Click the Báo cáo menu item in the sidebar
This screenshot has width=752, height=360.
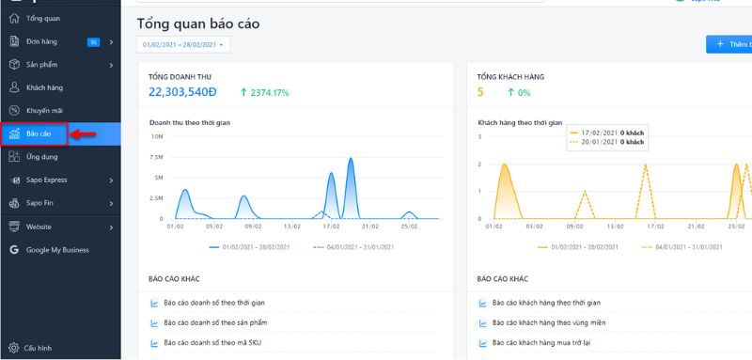[x=39, y=134]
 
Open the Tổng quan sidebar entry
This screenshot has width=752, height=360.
[x=43, y=19]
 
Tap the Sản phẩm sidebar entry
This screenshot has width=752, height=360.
[x=43, y=65]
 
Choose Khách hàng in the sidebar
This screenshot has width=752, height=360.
[x=43, y=87]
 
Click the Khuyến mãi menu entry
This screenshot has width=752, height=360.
[x=44, y=110]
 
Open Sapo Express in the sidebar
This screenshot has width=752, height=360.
[x=46, y=180]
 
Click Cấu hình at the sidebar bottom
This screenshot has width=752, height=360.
[x=38, y=347]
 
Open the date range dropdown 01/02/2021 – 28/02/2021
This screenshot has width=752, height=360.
[x=183, y=44]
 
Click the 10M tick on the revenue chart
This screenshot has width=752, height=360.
[x=157, y=137]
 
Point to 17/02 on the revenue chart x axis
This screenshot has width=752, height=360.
[x=331, y=227]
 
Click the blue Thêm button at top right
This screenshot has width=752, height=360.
[x=730, y=44]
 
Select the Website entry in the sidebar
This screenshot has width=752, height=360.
[x=39, y=227]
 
